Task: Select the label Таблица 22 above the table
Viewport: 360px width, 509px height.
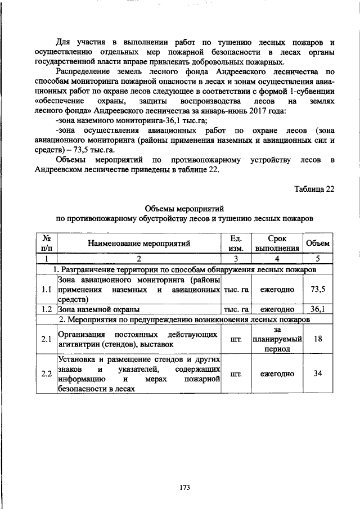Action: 314,189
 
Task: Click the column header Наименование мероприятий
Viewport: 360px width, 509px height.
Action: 138,244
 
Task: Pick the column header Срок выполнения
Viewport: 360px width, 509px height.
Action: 277,244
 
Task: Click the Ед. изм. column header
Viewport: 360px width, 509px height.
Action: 236,244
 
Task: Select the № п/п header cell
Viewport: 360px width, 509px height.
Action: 47,244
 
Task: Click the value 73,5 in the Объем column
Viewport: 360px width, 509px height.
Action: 318,289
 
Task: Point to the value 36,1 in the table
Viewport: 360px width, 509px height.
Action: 318,309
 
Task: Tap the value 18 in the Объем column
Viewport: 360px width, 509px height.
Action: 318,339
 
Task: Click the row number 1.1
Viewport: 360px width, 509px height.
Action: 47,289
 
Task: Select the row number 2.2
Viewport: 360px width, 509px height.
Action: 47,373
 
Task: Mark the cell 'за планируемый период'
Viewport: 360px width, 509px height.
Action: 277,339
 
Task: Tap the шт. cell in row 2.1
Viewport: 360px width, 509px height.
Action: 236,339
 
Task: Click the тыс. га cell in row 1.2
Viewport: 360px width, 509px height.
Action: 236,309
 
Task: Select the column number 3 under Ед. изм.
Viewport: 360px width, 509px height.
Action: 236,259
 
